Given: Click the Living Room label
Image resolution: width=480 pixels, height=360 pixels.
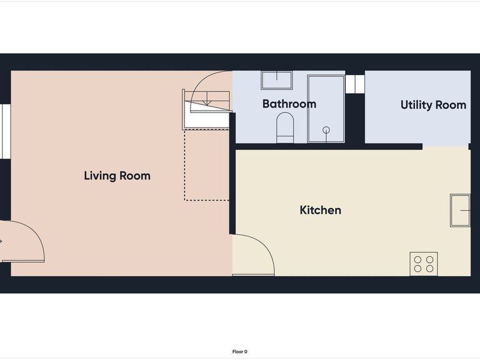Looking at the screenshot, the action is pos(117,176).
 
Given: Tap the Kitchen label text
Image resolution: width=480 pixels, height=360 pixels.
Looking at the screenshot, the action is pos(320,210).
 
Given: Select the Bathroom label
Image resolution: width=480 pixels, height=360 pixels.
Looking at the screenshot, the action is pos(289,104).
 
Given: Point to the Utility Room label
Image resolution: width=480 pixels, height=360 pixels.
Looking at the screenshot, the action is pos(434,105).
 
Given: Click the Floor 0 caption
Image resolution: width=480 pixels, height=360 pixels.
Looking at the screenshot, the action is pos(240,352).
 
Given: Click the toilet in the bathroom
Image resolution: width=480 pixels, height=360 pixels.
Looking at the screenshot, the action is pos(285,127).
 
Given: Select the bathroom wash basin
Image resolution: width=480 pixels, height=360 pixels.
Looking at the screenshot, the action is pos(277,80).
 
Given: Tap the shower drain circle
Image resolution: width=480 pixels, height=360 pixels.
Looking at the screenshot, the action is pos(326,130).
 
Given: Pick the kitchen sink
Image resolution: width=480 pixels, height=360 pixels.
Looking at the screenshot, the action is pos(460,211).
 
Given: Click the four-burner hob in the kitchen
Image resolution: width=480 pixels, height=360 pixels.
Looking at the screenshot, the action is pos(424,264).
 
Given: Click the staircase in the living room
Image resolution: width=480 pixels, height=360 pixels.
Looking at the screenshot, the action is pos(206,110).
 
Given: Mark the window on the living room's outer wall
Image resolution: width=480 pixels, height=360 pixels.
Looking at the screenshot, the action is pos(6,131).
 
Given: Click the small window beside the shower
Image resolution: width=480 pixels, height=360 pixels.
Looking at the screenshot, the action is pos(355,83).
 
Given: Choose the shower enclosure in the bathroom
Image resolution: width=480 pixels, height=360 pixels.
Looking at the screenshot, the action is pos(326,109).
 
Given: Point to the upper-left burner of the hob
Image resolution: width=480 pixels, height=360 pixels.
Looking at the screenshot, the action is pos(417,260).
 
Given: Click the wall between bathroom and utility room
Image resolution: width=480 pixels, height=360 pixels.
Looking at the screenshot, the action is pos(355,119).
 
